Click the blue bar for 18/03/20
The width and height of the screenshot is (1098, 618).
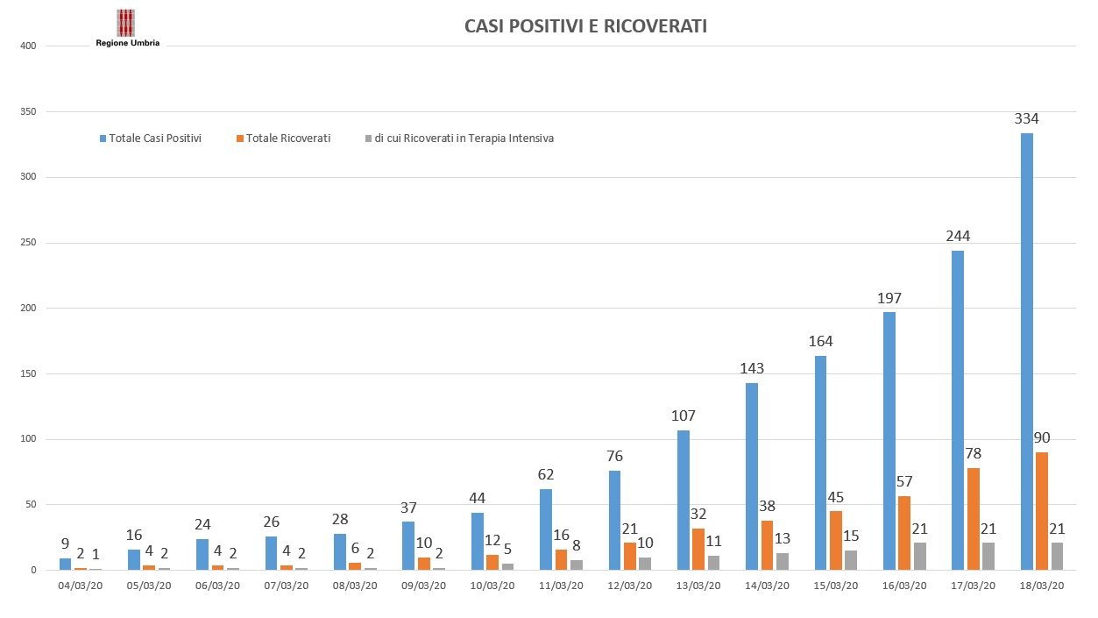point(1026,351)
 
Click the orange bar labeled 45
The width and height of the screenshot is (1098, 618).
point(835,540)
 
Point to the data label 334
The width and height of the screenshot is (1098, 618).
point(1026,118)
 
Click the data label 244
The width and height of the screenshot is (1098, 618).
point(957,236)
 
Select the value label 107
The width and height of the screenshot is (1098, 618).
point(683,416)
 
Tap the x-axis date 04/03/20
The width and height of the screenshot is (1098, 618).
point(81,586)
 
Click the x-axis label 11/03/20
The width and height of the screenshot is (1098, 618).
point(561,586)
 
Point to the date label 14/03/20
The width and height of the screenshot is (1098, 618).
point(767,586)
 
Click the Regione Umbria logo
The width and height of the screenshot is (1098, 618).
point(126,27)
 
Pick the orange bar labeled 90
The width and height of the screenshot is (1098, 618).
point(1042,511)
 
